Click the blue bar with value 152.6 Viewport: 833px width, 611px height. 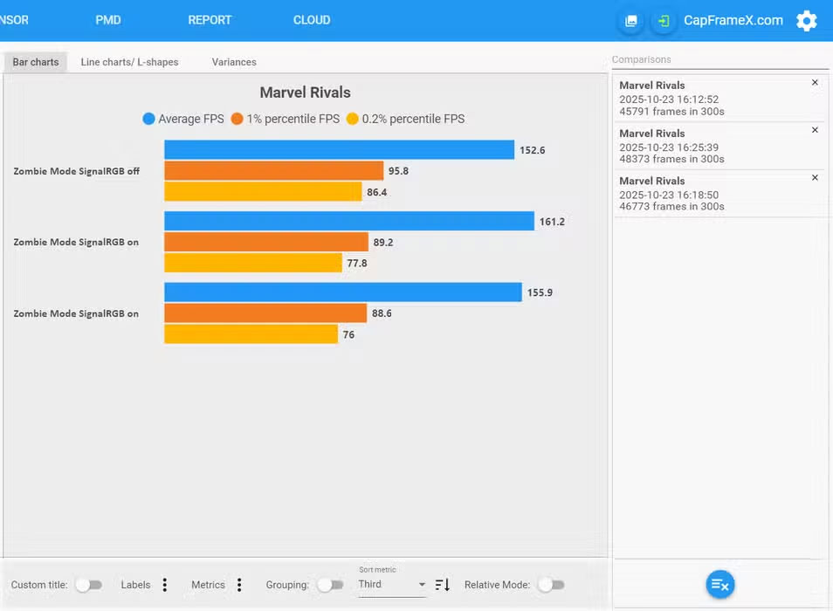tap(339, 150)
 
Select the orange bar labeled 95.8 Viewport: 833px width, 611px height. tap(273, 171)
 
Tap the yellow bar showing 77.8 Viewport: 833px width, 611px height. tap(253, 263)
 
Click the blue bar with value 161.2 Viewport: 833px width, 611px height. tap(349, 222)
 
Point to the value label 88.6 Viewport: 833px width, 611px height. tap(382, 313)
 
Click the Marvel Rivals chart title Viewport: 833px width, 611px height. tap(305, 93)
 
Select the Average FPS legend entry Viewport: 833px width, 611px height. tap(183, 119)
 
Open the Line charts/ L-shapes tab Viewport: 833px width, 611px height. tap(129, 62)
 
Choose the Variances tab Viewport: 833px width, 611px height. tap(234, 62)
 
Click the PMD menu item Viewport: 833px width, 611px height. tap(108, 20)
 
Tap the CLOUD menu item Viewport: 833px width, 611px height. tap(312, 20)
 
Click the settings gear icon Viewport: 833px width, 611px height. tap(806, 21)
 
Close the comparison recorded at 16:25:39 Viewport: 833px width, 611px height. tap(815, 130)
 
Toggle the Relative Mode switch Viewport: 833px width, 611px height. tap(550, 585)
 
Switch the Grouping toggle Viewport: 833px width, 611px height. tap(330, 585)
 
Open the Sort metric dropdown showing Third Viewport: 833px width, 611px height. tap(392, 585)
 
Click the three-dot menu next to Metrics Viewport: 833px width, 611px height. tap(239, 585)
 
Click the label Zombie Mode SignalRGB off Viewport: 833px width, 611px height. tap(77, 171)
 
